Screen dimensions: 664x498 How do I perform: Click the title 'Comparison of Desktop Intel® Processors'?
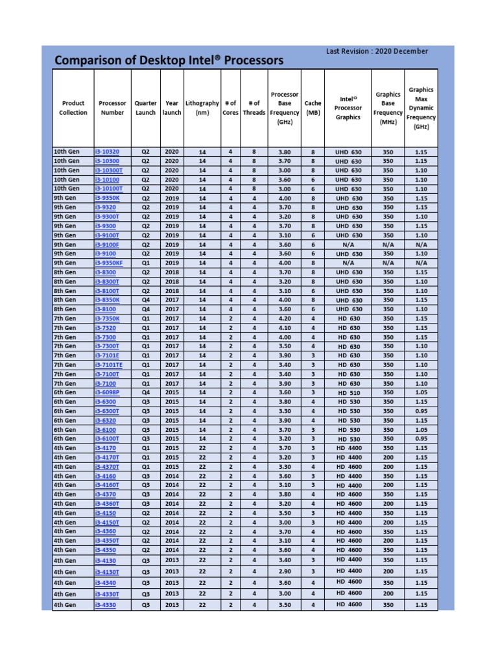(x=169, y=60)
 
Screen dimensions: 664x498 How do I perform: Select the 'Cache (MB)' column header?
(x=313, y=108)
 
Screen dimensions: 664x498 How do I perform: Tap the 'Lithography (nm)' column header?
(x=202, y=108)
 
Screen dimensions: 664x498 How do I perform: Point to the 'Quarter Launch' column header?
(x=145, y=108)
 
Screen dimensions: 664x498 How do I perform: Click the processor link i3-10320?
(x=107, y=152)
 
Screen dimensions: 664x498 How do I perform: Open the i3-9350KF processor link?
(x=108, y=263)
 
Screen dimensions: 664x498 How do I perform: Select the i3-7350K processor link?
(x=107, y=319)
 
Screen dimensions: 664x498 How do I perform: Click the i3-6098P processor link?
(x=107, y=393)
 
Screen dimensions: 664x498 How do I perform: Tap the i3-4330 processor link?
(x=106, y=605)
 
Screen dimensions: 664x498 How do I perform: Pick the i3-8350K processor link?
(x=107, y=300)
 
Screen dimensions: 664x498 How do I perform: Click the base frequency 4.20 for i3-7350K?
(x=285, y=319)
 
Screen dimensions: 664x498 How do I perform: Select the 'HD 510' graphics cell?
(x=349, y=393)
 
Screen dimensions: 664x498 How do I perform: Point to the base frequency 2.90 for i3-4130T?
(x=285, y=571)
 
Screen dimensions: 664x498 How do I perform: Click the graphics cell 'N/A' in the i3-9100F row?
(x=349, y=244)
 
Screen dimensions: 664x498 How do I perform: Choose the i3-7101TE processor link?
(x=108, y=365)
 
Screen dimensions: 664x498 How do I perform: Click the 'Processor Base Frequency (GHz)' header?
(x=285, y=108)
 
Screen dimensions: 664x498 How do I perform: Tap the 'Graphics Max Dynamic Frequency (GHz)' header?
(x=421, y=108)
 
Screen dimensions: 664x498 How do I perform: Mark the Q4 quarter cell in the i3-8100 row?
(x=145, y=310)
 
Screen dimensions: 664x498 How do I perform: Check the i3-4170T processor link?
(x=107, y=457)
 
